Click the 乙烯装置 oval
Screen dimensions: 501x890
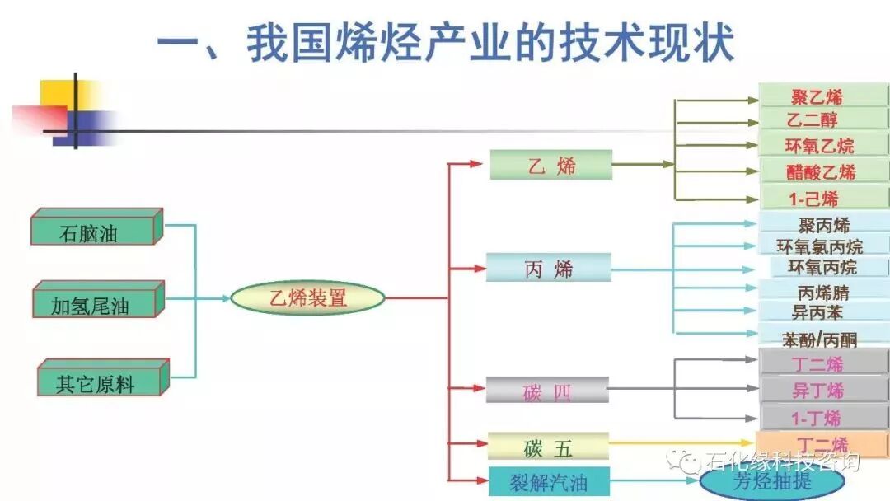(x=307, y=298)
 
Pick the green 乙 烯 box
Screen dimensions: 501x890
(x=551, y=165)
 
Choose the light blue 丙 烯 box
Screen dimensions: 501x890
(x=549, y=268)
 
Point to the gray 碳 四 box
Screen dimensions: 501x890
(x=547, y=391)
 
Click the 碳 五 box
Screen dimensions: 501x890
(x=548, y=447)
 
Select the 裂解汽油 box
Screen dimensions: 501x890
(x=548, y=481)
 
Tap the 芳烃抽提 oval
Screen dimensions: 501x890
(x=760, y=480)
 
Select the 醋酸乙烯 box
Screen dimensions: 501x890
(x=822, y=171)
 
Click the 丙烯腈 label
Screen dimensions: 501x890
(x=823, y=291)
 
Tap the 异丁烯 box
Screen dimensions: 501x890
(x=821, y=390)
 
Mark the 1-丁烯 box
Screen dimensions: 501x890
(x=818, y=416)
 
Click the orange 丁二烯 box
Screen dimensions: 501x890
(x=822, y=443)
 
